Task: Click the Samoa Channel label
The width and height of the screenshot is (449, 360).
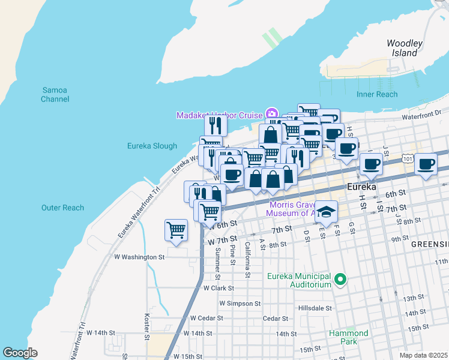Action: pos(55,94)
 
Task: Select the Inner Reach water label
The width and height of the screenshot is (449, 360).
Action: pos(377,94)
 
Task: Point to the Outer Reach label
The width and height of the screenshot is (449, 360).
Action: pos(62,208)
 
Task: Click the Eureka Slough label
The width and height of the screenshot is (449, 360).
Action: pos(152,146)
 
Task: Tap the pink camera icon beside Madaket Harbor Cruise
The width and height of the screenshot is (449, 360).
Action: pos(271,114)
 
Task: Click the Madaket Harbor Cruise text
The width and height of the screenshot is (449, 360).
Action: pos(219,115)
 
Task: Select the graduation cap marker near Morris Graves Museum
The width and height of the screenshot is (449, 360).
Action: pos(327,211)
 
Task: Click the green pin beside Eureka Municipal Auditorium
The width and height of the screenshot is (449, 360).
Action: pos(340,279)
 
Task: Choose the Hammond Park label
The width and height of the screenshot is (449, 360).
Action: pos(348,337)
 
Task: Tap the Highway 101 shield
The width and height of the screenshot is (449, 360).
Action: pos(408,158)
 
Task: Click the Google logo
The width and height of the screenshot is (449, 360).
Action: pos(20,353)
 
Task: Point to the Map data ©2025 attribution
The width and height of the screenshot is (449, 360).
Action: pos(423,355)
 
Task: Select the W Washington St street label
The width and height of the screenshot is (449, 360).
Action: pos(139,257)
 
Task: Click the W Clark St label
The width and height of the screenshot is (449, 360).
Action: pos(218,288)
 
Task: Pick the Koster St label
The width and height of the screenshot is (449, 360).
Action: pos(147,326)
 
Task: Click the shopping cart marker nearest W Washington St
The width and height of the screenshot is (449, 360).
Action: pos(176,230)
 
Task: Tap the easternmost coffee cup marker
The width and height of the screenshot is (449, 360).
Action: pos(427,164)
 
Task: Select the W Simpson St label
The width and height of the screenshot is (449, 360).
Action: pos(240,304)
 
